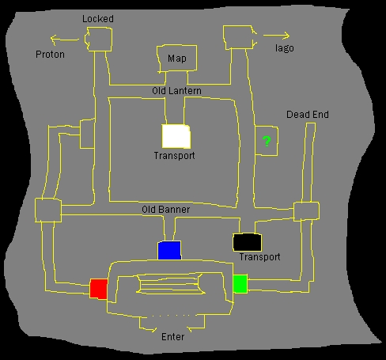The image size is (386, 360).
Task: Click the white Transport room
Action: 176,136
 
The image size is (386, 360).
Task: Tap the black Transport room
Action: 248,242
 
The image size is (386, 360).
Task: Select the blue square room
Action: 169,250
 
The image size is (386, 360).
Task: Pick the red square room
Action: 99,289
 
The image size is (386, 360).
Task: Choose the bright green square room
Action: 240,283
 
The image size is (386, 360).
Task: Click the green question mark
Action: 267,142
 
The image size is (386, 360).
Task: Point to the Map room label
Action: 177,59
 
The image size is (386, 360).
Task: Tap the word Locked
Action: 98,19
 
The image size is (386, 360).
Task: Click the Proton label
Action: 50,55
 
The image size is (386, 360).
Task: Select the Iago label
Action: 285,48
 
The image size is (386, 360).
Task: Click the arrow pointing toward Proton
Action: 65,40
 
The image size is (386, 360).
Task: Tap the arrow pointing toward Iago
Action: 276,36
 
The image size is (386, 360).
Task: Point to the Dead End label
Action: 308,115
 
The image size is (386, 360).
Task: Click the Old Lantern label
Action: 176,91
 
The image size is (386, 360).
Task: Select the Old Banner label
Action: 166,210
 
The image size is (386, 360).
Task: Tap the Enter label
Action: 172,337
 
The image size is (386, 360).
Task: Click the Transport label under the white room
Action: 174,156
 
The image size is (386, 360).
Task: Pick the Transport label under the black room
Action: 259,257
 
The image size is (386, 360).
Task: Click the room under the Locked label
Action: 98,40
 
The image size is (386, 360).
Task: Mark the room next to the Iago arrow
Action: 240,37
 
